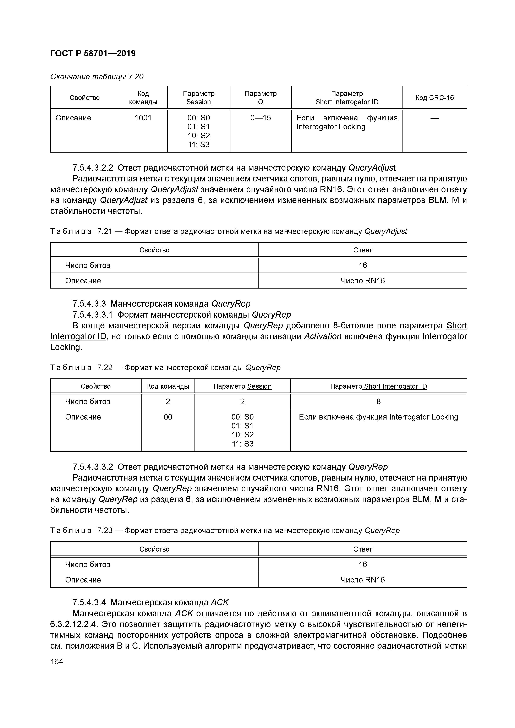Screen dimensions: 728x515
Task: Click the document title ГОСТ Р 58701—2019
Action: pos(93,53)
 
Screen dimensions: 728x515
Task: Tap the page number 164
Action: pos(57,661)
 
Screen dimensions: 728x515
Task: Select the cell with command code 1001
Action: pos(143,118)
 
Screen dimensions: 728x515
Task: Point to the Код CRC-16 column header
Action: pos(434,98)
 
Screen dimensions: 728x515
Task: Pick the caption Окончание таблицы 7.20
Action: pos(97,77)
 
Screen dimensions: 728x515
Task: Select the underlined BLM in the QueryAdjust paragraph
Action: pos(437,200)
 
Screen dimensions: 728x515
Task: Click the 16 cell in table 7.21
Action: pos(362,265)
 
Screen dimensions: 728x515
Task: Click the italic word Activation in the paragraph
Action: pos(323,336)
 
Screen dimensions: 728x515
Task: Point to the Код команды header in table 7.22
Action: pos(168,386)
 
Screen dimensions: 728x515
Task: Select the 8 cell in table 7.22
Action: pos(378,402)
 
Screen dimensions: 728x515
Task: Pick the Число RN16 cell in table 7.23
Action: pos(362,580)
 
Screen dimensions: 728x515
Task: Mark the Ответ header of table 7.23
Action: pos(362,549)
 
